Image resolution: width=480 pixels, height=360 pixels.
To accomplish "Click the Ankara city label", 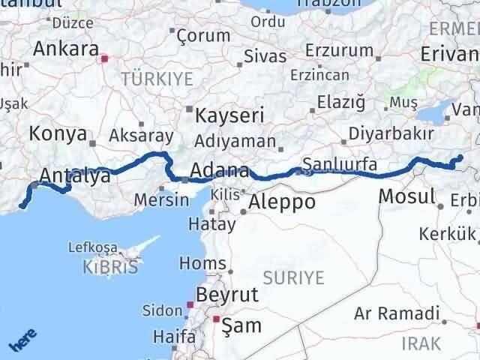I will click(x=66, y=50).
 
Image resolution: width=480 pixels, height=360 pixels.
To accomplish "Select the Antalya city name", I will click(x=74, y=176).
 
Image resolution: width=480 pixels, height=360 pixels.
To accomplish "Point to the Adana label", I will click(x=219, y=170).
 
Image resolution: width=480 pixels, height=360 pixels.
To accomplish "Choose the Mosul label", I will click(x=407, y=197).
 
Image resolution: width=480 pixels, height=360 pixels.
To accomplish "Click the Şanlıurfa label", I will click(x=340, y=164).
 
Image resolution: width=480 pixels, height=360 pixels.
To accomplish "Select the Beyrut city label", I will click(x=226, y=294).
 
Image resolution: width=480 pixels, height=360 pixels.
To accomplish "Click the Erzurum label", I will click(x=339, y=51).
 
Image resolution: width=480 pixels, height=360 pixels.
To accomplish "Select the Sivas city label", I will click(x=265, y=56).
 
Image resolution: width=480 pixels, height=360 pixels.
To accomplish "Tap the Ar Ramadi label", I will click(x=396, y=313).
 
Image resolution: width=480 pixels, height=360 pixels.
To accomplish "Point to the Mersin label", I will click(x=162, y=200).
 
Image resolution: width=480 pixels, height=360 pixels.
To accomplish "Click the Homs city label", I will click(x=203, y=263).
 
